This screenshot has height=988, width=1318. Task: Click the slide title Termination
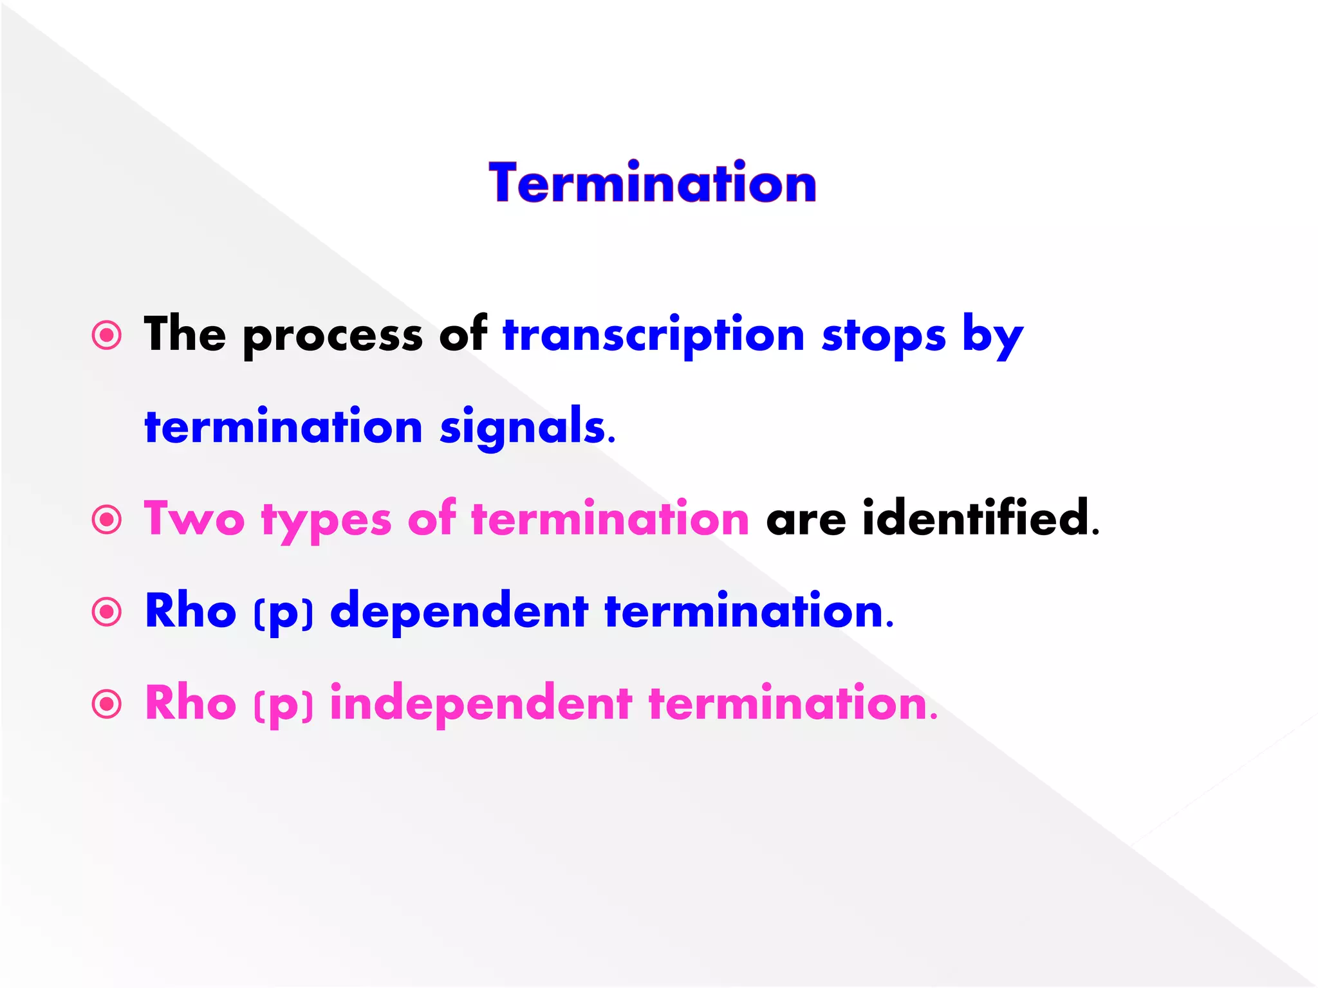click(653, 184)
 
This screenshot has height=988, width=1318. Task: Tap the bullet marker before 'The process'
click(107, 335)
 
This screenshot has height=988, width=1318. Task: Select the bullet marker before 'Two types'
click(107, 519)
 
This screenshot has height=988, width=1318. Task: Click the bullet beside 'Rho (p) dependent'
click(107, 611)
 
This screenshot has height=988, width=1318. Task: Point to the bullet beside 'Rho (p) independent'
click(107, 704)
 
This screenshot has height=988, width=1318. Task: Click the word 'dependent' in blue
click(459, 611)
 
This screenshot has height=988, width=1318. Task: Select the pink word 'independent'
click(481, 704)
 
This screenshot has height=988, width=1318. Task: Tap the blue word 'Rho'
click(190, 610)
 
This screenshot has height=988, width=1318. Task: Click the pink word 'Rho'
click(190, 703)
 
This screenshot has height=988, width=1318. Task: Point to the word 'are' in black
click(806, 520)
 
